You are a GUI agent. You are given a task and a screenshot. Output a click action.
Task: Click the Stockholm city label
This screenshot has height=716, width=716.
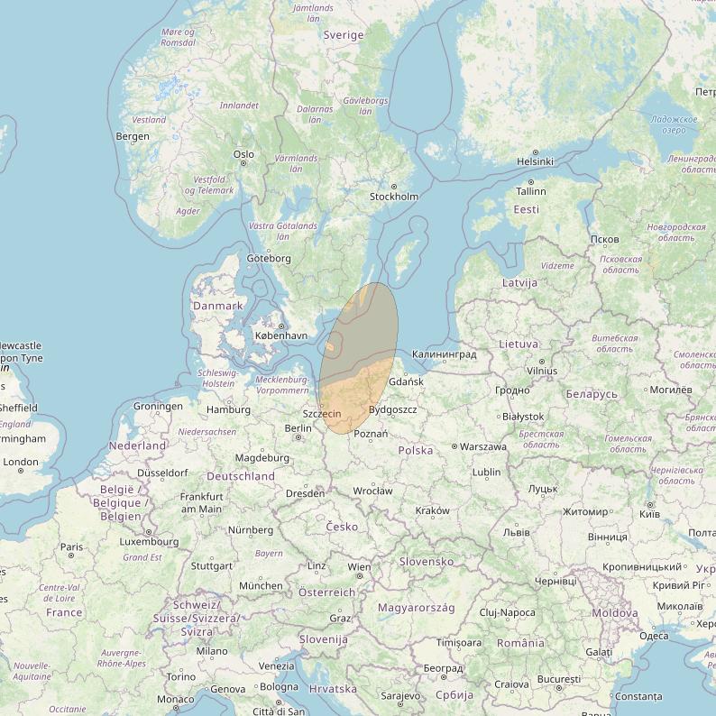(x=394, y=197)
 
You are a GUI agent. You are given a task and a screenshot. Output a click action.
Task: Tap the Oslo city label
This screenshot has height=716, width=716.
(x=243, y=154)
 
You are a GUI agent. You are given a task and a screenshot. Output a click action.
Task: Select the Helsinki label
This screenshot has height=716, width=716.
(x=535, y=161)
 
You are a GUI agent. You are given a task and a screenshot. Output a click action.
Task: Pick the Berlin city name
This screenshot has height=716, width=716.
(x=298, y=428)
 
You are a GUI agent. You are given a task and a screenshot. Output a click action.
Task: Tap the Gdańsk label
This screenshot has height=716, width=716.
(x=406, y=382)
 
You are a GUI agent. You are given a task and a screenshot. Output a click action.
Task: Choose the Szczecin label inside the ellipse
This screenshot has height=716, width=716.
(x=322, y=413)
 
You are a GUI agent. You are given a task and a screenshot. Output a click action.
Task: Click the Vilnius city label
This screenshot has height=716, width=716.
(x=541, y=371)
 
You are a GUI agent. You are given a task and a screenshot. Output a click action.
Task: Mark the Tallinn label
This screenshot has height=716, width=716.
(x=531, y=191)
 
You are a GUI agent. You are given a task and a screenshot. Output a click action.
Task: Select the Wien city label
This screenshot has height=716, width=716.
(x=359, y=568)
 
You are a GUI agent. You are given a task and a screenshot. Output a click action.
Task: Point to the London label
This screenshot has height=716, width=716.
(x=21, y=462)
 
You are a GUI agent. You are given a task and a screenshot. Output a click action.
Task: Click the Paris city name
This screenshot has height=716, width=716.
(x=71, y=546)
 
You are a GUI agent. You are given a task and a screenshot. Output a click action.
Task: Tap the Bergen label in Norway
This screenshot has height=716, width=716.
(x=133, y=136)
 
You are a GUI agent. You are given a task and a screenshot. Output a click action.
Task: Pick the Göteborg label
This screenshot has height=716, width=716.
(x=269, y=259)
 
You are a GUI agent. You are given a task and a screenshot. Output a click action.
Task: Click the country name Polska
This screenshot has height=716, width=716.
(x=415, y=450)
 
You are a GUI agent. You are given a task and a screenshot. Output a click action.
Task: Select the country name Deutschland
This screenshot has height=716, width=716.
(x=241, y=475)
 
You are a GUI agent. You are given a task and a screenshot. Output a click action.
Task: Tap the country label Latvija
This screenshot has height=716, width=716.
(x=519, y=282)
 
